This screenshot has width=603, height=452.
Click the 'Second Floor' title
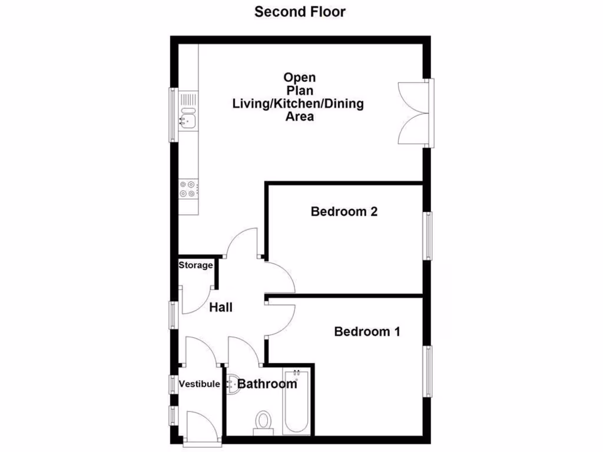300,12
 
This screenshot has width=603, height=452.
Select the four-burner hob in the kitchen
188,189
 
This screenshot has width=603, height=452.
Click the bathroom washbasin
231,384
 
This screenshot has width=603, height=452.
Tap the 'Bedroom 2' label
344,212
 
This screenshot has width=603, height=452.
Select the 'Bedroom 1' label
367,331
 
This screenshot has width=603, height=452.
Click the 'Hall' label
221,307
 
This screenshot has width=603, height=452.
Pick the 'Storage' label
196,265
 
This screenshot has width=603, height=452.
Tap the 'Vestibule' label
200,384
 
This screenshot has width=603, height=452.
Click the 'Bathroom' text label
267,384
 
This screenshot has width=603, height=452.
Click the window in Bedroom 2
429,236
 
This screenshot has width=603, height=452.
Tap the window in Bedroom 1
429,371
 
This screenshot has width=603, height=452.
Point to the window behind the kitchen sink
173,115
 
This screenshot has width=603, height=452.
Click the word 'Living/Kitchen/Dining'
298,104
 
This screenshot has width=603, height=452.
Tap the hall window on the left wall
173,314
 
